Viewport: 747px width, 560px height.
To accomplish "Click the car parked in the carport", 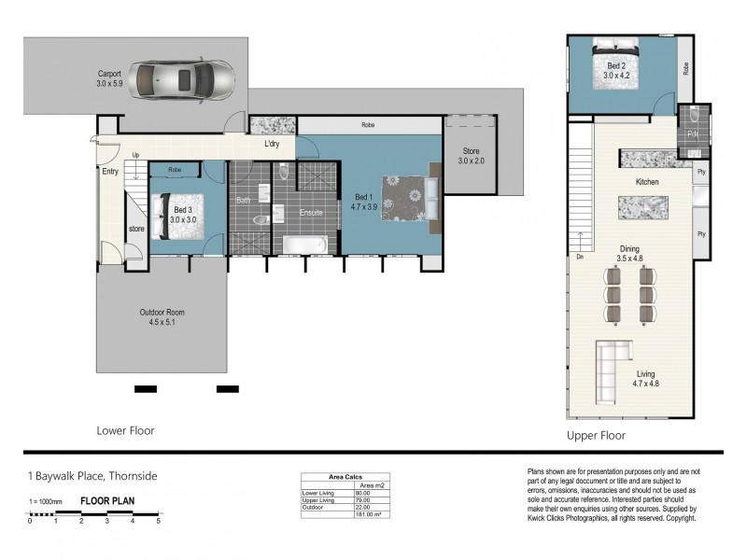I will click(x=182, y=78).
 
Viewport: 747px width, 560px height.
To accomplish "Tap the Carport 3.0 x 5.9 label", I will click(x=116, y=78).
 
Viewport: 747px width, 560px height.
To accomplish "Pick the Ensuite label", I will click(x=311, y=213).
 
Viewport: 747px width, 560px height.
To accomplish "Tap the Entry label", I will click(x=110, y=171).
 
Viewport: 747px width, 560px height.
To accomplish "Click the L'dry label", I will click(x=273, y=145).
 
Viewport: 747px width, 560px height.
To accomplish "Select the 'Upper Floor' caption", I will click(x=596, y=436).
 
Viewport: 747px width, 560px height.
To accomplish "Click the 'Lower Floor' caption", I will click(x=125, y=431).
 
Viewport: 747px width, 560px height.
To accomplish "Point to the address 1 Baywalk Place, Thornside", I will click(x=92, y=477).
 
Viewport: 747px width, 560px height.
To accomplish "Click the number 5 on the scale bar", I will click(x=158, y=521).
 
